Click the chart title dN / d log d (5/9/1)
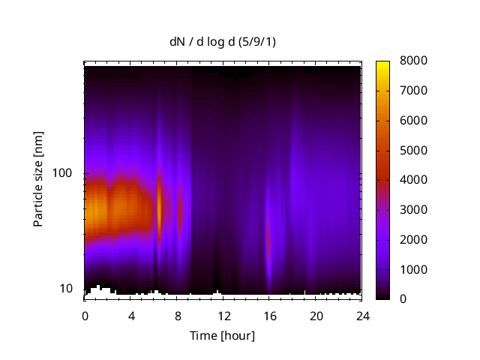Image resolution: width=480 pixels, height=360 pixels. click(222, 41)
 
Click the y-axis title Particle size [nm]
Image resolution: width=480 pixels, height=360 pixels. click(38, 180)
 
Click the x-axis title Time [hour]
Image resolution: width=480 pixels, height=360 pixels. click(222, 335)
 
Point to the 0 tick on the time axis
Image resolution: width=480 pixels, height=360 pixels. click(85, 315)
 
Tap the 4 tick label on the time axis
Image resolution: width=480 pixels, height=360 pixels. click(131, 315)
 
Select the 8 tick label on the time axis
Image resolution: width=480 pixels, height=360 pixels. click(177, 315)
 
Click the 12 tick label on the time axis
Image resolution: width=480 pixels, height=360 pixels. click(223, 315)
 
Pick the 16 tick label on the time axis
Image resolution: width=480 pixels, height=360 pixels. click(270, 315)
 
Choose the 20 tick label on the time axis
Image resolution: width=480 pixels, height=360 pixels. click(316, 315)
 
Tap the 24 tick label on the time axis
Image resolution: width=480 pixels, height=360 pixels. click(362, 315)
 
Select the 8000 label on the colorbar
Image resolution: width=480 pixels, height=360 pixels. click(414, 61)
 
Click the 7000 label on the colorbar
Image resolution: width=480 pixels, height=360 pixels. click(414, 91)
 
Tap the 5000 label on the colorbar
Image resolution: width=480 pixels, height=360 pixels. click(414, 150)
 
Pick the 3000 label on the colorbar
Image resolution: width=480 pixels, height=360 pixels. click(414, 210)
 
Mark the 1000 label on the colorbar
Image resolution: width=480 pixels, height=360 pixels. click(414, 269)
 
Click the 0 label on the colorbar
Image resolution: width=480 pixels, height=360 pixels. click(403, 299)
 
